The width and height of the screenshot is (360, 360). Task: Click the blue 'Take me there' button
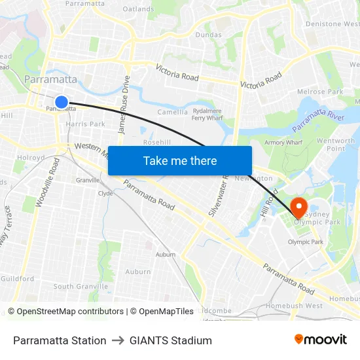(180, 160)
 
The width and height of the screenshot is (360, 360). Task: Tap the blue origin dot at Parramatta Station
(61, 101)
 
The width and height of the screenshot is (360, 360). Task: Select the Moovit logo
(320, 340)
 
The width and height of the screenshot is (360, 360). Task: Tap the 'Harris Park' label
(85, 124)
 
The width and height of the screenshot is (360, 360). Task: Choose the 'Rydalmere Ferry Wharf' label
(207, 115)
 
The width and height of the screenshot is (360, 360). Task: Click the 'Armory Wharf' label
(282, 142)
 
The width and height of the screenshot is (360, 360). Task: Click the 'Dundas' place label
(208, 35)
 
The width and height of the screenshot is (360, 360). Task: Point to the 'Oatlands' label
(138, 9)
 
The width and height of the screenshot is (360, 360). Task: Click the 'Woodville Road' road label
(47, 183)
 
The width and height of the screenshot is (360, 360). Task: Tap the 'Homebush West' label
(294, 306)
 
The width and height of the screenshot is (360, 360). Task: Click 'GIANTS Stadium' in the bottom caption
(170, 340)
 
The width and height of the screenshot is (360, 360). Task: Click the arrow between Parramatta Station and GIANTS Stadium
(118, 340)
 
